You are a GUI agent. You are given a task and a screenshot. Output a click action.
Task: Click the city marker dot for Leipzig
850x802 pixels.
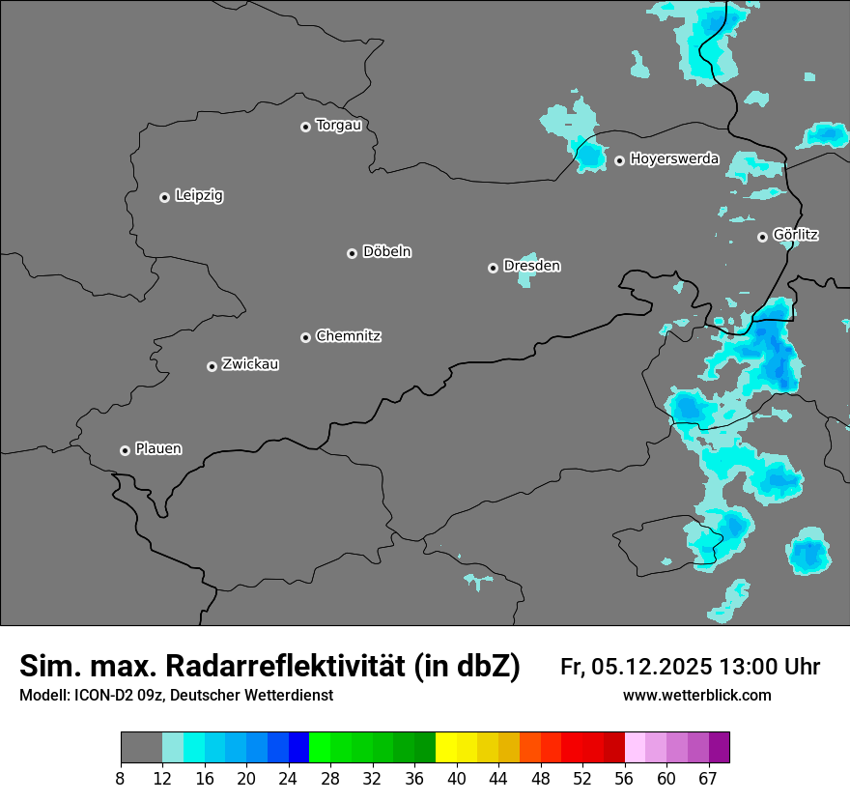point(164,197)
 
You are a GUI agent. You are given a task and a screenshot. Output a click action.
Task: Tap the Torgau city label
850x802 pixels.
point(338,126)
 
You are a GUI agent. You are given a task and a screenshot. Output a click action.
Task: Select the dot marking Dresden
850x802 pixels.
point(493,268)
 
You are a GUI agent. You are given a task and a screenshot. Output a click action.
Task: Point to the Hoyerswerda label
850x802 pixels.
point(674,159)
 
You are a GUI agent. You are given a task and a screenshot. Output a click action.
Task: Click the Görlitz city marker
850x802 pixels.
point(762,237)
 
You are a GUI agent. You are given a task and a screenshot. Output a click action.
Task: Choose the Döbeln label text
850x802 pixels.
point(386,252)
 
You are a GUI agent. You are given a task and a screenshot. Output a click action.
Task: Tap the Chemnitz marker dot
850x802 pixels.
point(305,337)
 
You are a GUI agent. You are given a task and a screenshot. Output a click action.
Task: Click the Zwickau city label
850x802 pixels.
point(250,364)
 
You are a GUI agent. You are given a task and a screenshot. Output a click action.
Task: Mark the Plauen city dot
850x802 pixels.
point(125,450)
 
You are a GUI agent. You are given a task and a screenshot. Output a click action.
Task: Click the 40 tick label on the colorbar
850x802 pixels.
point(456,779)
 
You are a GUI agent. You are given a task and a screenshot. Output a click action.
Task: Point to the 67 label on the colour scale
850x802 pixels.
point(708,779)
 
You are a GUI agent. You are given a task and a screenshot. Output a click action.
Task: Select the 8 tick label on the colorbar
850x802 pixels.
point(120,779)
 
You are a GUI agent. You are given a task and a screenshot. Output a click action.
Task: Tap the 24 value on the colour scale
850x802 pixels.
point(288,779)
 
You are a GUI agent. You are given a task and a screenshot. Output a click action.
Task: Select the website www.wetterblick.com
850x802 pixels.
point(697,696)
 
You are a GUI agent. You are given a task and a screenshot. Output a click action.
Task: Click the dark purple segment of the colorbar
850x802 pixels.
point(719,748)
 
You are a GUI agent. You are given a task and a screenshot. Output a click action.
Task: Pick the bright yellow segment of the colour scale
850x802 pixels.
point(445,748)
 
